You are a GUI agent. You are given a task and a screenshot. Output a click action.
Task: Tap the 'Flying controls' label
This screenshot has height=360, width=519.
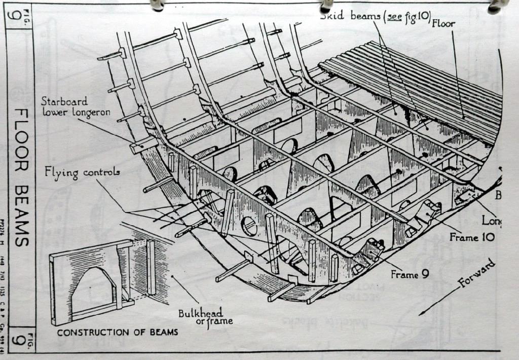pos(82,173)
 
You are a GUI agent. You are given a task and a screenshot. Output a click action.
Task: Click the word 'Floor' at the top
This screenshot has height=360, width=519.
pos(444,23)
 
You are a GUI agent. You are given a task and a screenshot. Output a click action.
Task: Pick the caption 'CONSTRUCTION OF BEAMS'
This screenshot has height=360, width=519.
pos(117,332)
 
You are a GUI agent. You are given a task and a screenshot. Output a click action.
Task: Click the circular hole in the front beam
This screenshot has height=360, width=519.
pos(249,226)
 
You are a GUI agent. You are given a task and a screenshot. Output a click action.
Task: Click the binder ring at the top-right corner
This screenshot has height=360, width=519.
pos(496,6)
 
